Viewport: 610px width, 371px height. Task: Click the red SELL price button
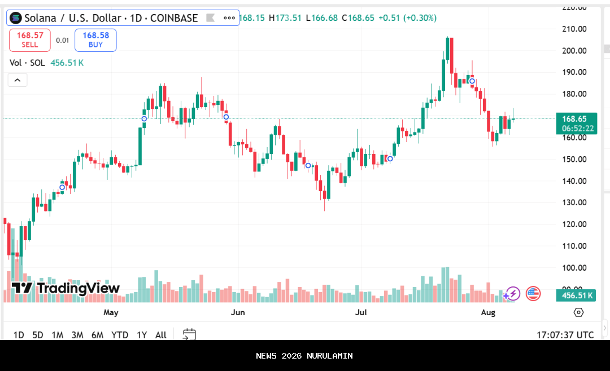(x=30, y=40)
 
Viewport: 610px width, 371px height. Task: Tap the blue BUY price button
(x=95, y=40)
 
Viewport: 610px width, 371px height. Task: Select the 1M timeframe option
(x=57, y=335)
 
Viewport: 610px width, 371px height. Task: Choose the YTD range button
(x=120, y=335)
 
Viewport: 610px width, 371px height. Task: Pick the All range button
(x=161, y=335)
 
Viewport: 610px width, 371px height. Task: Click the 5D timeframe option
(x=38, y=335)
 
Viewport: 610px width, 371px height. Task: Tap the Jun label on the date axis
(x=238, y=312)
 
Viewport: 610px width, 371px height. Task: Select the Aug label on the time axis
(x=488, y=312)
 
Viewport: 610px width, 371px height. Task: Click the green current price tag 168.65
(x=575, y=119)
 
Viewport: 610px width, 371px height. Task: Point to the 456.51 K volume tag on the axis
(x=576, y=295)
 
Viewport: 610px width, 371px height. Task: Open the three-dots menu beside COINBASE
(x=229, y=18)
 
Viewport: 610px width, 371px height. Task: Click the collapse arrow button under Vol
(x=18, y=80)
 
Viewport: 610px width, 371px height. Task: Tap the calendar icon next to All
(x=189, y=335)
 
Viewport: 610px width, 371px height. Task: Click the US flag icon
(x=533, y=293)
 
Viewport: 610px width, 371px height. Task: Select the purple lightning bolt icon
(x=512, y=293)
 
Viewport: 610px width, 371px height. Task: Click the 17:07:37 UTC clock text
(x=565, y=335)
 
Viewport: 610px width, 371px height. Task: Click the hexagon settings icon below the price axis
(x=578, y=312)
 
